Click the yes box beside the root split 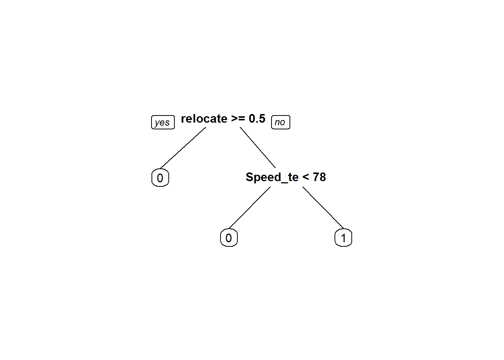pyautogui.click(x=163, y=122)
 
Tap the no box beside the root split pyautogui.click(x=280, y=122)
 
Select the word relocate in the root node pyautogui.click(x=204, y=118)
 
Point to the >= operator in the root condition pyautogui.click(x=238, y=118)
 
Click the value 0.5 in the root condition pyautogui.click(x=257, y=118)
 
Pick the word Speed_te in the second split pyautogui.click(x=272, y=177)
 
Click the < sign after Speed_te pyautogui.click(x=306, y=177)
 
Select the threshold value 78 pyautogui.click(x=319, y=177)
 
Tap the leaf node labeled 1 pyautogui.click(x=343, y=238)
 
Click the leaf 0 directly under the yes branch pyautogui.click(x=160, y=178)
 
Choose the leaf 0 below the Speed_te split pyautogui.click(x=229, y=238)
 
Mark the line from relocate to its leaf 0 pyautogui.click(x=183, y=148)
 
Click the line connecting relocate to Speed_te pyautogui.click(x=258, y=147)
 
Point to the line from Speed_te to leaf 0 pyautogui.click(x=249, y=208)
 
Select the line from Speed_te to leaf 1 pyautogui.click(x=323, y=208)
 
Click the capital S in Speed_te pyautogui.click(x=249, y=177)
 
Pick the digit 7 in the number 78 pyautogui.click(x=316, y=177)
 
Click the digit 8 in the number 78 pyautogui.click(x=322, y=177)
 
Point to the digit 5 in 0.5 pyautogui.click(x=262, y=118)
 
